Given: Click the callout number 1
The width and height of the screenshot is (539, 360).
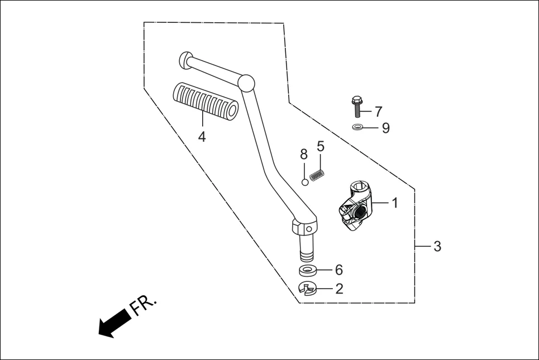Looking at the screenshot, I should point(395,203).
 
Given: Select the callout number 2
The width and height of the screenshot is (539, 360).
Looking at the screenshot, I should point(339,289).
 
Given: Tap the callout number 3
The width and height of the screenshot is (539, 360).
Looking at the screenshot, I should point(437,246).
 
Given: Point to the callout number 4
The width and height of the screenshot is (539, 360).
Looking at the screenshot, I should point(202,136).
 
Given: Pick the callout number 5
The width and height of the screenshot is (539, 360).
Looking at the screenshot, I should point(321,147).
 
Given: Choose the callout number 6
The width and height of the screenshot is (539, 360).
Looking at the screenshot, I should point(339,270).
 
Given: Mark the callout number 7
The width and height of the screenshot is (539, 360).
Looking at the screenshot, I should point(378,111).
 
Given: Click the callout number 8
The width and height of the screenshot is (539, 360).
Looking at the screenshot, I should point(304,155).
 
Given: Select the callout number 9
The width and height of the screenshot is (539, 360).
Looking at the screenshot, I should point(385,128).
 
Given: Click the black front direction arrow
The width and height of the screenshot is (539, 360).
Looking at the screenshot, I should point(115,323).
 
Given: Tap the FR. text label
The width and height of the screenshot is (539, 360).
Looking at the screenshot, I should point(144,305).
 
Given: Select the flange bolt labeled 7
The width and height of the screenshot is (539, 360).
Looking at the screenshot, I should point(357,108).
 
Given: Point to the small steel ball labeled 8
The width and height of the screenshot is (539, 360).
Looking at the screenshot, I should point(305,181).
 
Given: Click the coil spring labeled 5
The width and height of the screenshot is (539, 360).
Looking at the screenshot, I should point(317,175).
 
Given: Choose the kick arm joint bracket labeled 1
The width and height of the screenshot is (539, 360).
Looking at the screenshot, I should point(354,209).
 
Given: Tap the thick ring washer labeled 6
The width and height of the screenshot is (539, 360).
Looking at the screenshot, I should point(307,271).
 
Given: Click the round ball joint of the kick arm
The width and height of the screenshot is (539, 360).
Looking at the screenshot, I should point(246,84).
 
